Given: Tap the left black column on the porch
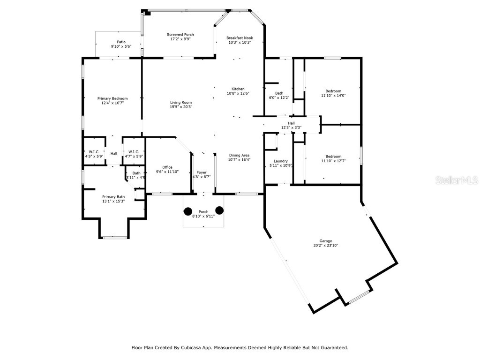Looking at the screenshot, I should click(x=187, y=211).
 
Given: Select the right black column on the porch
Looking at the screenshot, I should click(x=219, y=210).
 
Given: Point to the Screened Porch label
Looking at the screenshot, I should click(x=180, y=35).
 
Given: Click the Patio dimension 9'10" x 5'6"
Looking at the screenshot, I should click(x=121, y=47).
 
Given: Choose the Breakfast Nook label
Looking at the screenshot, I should click(x=240, y=37).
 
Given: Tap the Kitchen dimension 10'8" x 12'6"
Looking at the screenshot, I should click(x=238, y=94).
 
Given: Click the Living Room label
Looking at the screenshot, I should click(x=180, y=102).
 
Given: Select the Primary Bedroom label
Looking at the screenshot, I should click(x=112, y=98).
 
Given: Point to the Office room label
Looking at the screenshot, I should click(x=167, y=167).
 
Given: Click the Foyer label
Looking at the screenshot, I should click(x=202, y=172).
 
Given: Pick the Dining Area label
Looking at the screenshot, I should click(x=239, y=155).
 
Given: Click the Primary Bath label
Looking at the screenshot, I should click(x=113, y=196).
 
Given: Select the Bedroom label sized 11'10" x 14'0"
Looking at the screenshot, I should click(x=333, y=91).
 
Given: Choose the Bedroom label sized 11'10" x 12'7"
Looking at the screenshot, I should click(x=333, y=157).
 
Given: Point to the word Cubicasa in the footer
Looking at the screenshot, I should click(x=202, y=348).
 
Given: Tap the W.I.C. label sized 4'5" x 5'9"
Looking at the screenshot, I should click(x=93, y=151).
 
